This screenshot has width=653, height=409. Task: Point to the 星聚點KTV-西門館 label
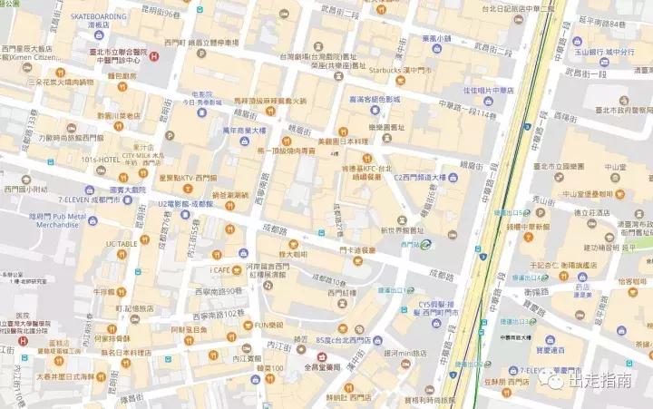tap(188, 178)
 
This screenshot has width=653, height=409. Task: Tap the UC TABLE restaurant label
tap(122, 244)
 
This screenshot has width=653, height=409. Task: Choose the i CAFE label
tap(222, 269)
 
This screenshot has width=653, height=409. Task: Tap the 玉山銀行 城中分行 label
tap(613, 51)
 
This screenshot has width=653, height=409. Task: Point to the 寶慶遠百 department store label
tap(544, 348)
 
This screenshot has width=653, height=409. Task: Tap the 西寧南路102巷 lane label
tap(219, 314)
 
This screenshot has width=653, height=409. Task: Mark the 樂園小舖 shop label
tap(436, 38)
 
